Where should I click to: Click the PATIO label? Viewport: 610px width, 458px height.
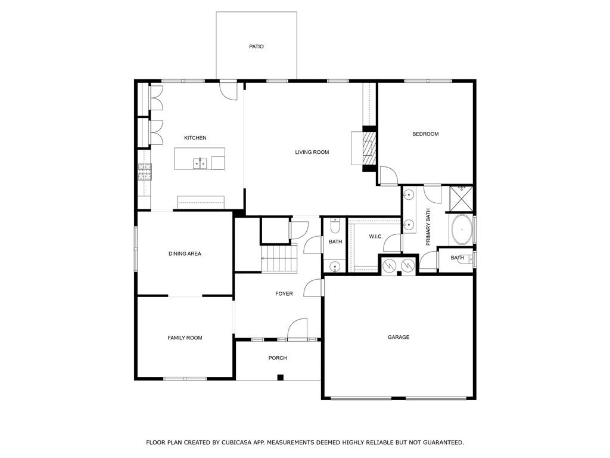tap(256, 47)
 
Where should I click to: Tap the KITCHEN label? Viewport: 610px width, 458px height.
tap(195, 138)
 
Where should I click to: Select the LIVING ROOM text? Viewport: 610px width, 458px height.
tap(312, 152)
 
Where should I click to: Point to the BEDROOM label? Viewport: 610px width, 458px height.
tap(425, 134)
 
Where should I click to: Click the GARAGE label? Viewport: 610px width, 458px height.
tap(399, 338)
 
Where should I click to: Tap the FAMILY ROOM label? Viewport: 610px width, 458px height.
tap(185, 338)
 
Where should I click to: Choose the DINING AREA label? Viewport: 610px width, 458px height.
tap(185, 254)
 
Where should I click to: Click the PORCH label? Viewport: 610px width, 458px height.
tap(278, 358)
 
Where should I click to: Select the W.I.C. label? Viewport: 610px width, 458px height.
tap(376, 237)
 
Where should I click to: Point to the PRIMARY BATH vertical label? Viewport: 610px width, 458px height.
tap(428, 227)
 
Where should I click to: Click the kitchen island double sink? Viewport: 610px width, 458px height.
tap(200, 163)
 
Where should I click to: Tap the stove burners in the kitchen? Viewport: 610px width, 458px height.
tap(145, 172)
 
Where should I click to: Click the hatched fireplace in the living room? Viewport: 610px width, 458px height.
tap(369, 148)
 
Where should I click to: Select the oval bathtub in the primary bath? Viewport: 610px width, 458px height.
tap(462, 230)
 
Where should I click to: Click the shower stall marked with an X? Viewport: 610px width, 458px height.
tap(462, 199)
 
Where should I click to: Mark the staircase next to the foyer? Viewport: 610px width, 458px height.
tap(279, 258)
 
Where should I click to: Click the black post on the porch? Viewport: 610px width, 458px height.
tap(281, 377)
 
